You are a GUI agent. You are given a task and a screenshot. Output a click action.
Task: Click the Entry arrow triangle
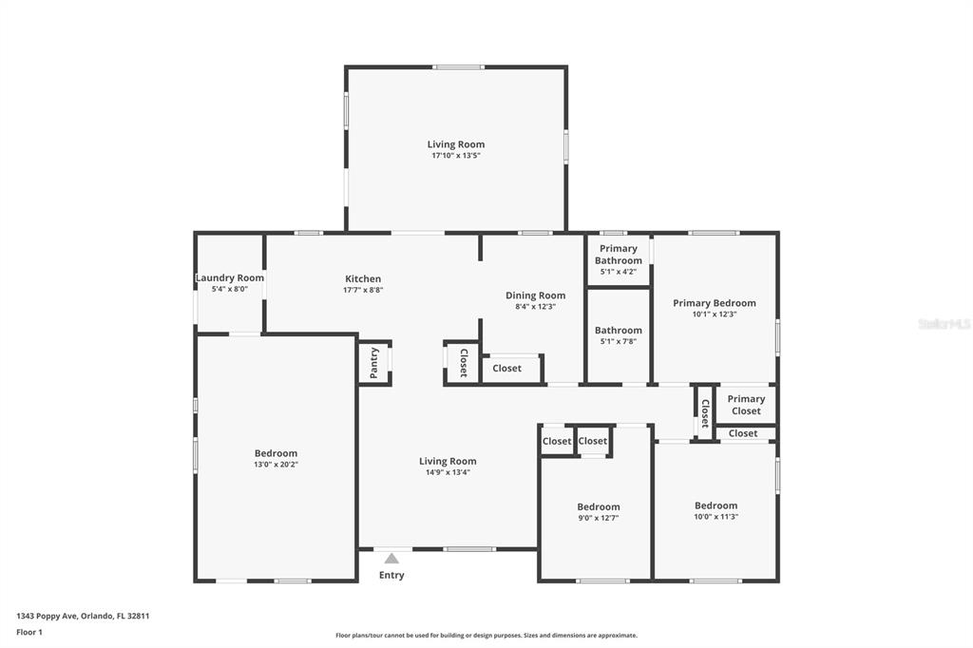[x=391, y=558]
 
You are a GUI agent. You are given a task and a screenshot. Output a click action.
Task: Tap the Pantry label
[x=373, y=363]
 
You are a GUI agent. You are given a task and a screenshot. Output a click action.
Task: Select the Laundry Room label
[x=230, y=277]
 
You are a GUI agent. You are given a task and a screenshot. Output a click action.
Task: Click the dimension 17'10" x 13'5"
[x=456, y=155]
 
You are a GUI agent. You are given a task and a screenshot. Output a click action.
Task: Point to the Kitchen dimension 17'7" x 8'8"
[x=363, y=290]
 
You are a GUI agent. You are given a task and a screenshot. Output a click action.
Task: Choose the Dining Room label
[x=536, y=295]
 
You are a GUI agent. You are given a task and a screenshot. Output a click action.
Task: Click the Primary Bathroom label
[x=618, y=255]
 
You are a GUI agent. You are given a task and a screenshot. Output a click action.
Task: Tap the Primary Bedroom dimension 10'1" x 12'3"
[x=715, y=314]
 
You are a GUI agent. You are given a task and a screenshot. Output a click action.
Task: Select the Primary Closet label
[x=746, y=405]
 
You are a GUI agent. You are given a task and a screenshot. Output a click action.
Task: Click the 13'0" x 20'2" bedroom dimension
[x=277, y=465]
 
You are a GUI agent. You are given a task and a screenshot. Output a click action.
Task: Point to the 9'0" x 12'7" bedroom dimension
[x=599, y=518]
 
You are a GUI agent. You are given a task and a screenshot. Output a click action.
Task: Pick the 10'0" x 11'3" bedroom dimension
[x=716, y=517]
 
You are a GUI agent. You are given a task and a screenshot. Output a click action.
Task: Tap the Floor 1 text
[x=29, y=633]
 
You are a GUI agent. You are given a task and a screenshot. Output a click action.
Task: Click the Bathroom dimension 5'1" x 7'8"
[x=618, y=341]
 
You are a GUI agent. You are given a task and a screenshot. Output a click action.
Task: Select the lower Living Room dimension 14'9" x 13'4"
[x=448, y=472]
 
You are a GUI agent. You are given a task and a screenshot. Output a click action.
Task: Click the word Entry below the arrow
[x=391, y=576]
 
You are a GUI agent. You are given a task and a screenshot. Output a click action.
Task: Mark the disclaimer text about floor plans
[x=486, y=636]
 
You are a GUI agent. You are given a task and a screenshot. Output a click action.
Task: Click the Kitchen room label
[x=363, y=278]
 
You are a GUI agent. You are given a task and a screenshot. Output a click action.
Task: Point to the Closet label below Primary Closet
[x=743, y=433]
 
